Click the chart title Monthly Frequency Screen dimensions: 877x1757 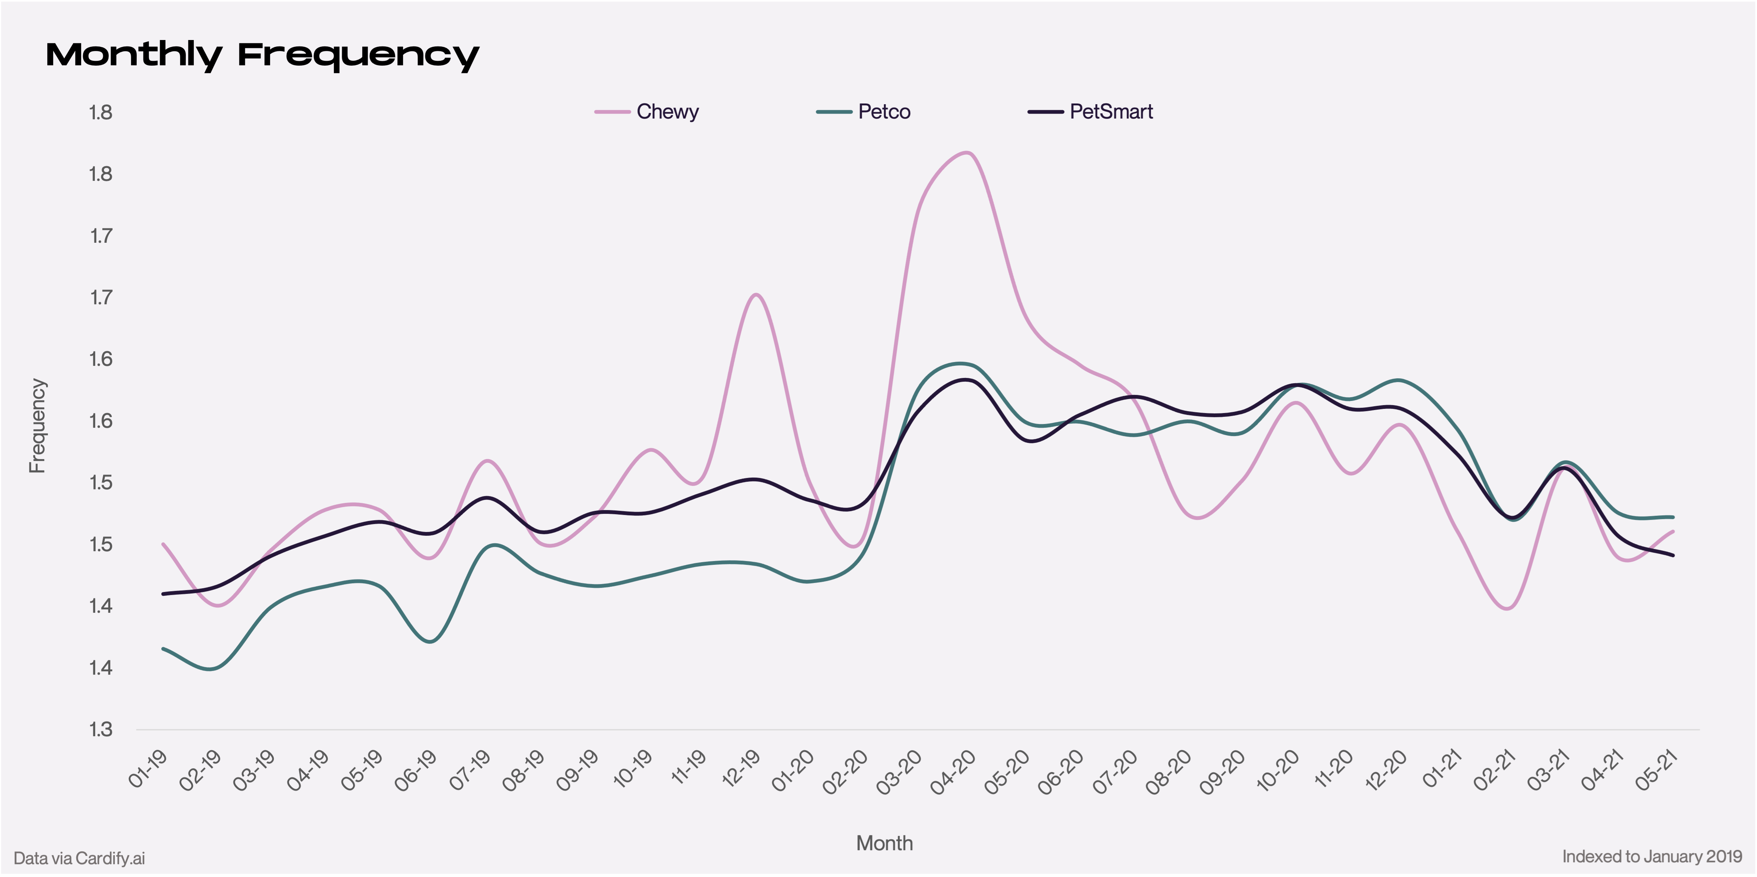coord(262,55)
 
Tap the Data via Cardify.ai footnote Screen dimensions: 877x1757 coord(79,858)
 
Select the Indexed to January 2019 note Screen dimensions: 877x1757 coord(1652,857)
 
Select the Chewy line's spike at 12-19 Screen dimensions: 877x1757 coord(756,294)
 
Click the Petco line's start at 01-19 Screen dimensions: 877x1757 coord(163,649)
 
